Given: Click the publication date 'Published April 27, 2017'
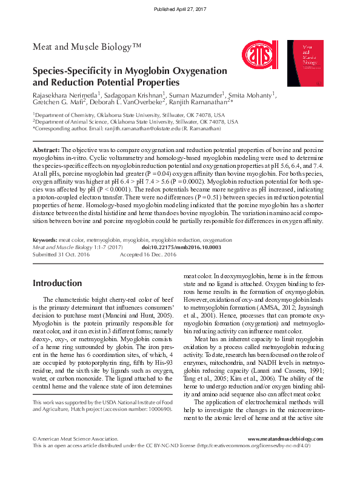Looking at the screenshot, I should coord(179,10).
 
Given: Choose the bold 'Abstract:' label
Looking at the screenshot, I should coord(46,149).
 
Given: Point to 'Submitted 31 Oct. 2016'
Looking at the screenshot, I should coord(61,255).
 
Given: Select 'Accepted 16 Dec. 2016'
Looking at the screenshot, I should coord(148,255).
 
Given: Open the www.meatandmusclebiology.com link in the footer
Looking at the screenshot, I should coord(285,439).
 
